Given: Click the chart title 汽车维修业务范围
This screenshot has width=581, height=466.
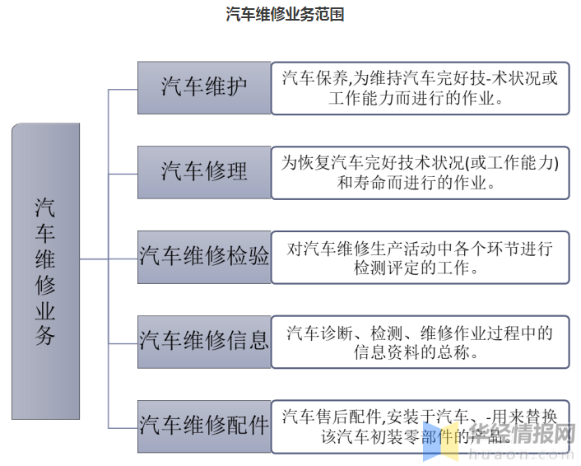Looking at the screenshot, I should pos(285,15).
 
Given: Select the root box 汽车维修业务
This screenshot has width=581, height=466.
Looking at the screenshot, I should pos(45,271).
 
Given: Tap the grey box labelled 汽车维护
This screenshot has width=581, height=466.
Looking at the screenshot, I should pos(204,87).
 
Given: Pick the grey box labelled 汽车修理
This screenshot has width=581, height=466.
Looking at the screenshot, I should pos(204,172).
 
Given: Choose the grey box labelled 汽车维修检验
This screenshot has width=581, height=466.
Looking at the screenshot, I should pos(204,257).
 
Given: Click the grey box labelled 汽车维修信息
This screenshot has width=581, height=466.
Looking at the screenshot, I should pos(204,341).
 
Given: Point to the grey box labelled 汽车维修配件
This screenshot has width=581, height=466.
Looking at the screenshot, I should pos(204,426).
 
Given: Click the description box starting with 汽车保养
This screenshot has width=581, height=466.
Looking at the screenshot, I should pos(420,87).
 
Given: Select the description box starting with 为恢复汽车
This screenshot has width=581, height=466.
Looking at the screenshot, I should pos(420,172).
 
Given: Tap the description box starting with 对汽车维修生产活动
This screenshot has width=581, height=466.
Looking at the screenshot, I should pos(420,257).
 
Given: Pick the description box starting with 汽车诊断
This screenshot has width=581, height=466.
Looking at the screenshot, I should pos(420,341).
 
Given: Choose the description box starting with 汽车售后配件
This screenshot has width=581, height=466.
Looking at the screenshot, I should pos(420,426).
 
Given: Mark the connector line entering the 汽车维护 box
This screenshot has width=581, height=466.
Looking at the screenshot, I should pos(123,88).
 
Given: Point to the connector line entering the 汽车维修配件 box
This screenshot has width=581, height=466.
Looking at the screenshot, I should pos(123,426).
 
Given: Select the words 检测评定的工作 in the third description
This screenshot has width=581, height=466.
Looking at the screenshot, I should pos(416,268).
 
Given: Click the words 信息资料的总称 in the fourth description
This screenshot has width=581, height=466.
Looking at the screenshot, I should pos(416,352).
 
